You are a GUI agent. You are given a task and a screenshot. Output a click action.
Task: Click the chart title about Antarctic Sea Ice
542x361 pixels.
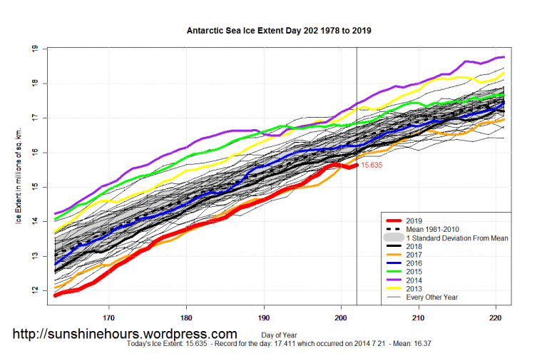click(x=278, y=31)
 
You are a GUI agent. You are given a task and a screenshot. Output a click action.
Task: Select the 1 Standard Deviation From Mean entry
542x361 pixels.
click(x=456, y=238)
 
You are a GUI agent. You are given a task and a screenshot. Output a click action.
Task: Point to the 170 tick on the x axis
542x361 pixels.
click(x=108, y=317)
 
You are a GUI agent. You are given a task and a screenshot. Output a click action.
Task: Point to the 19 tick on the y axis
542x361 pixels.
click(x=34, y=49)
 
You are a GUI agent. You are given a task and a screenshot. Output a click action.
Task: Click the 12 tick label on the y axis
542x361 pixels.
click(x=34, y=290)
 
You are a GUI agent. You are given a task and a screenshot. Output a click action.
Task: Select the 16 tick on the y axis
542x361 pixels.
click(x=34, y=152)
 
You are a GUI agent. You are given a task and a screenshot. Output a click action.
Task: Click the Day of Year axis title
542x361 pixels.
click(x=279, y=335)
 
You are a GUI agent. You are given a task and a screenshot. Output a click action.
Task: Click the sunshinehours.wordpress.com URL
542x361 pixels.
click(x=126, y=334)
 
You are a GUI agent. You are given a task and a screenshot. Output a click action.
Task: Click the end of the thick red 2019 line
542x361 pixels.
click(x=357, y=165)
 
